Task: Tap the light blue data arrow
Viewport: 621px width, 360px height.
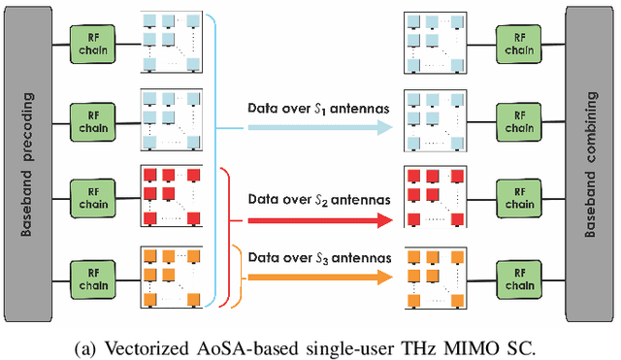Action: pos(310,127)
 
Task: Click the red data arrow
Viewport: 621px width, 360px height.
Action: pos(310,220)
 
